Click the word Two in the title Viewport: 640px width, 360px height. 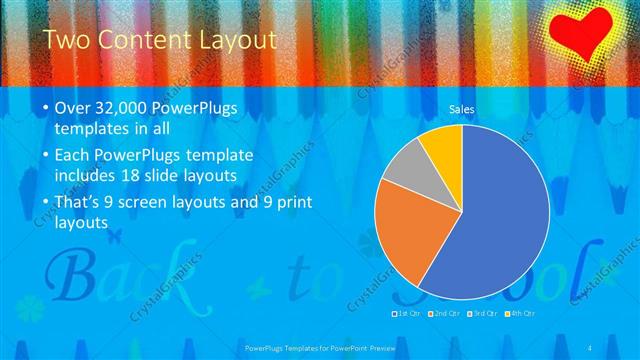pyautogui.click(x=69, y=41)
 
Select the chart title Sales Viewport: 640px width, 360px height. pyautogui.click(x=461, y=109)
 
